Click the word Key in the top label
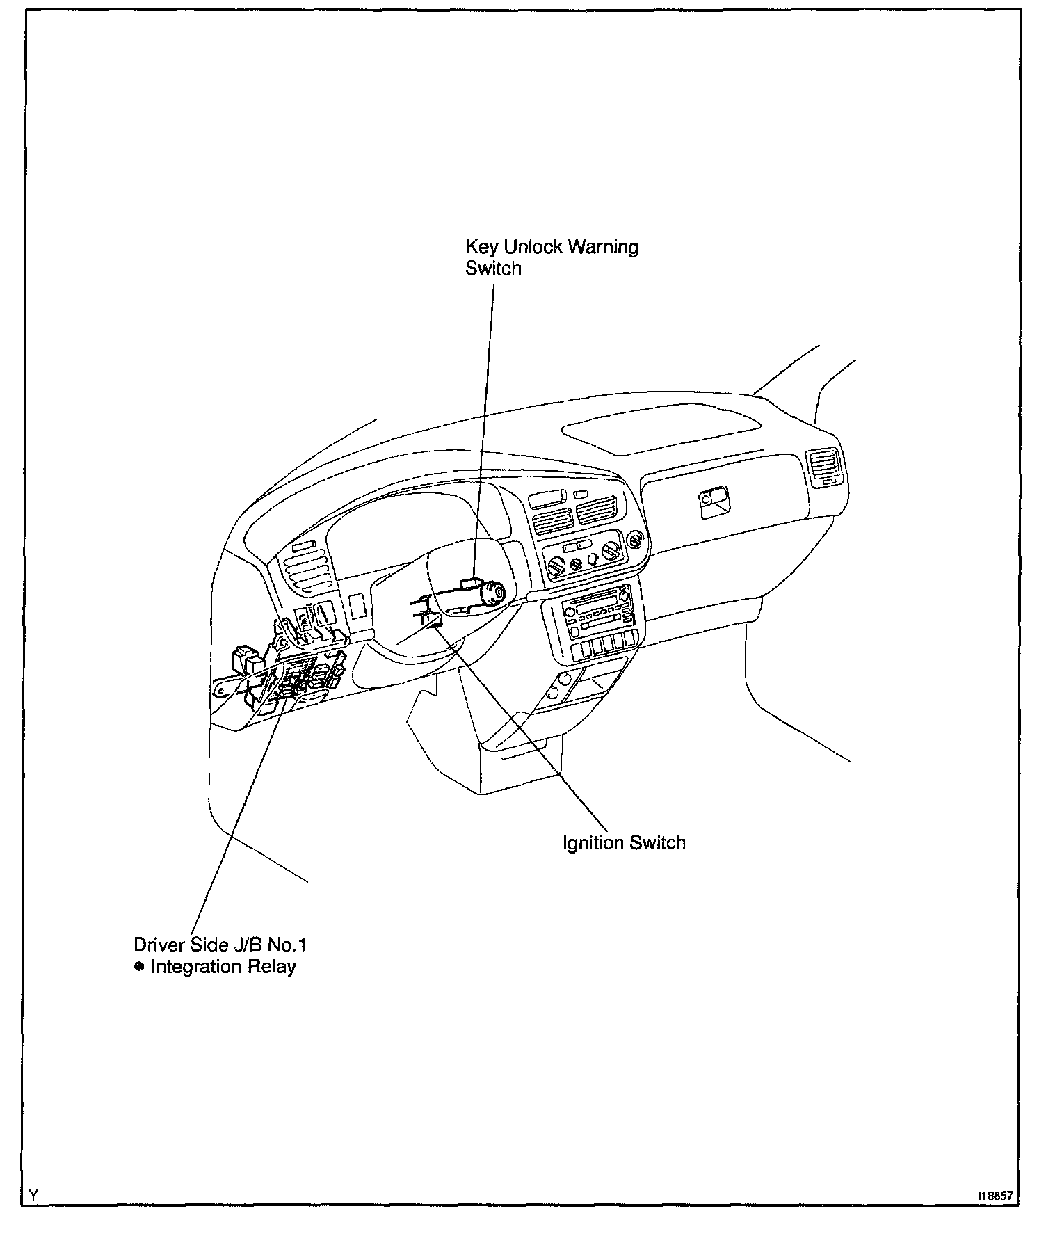pos(478,247)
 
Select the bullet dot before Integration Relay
pos(139,966)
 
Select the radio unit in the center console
pos(597,611)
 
